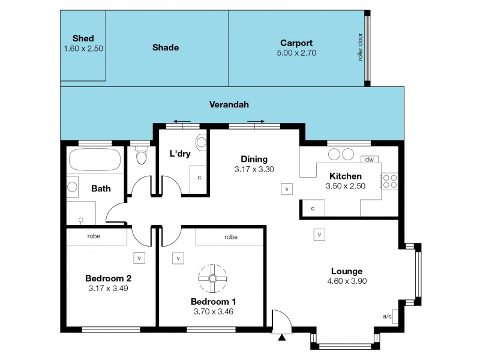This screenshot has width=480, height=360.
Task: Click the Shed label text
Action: pyautogui.click(x=83, y=38)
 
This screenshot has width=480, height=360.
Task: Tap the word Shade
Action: pyautogui.click(x=166, y=47)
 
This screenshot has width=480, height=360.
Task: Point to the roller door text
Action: pyautogui.click(x=360, y=47)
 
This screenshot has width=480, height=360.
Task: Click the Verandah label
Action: pyautogui.click(x=229, y=104)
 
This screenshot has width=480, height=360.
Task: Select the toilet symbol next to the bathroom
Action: pyautogui.click(x=142, y=156)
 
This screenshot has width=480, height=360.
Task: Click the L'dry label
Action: pyautogui.click(x=180, y=154)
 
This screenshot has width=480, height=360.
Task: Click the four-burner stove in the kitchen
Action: pyautogui.click(x=389, y=181)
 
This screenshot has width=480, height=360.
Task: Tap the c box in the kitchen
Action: pyautogui.click(x=313, y=208)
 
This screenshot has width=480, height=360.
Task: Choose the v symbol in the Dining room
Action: pyautogui.click(x=287, y=189)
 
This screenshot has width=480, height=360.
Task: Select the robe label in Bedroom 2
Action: pyautogui.click(x=93, y=236)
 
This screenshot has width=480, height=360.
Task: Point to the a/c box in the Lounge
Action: pyautogui.click(x=387, y=316)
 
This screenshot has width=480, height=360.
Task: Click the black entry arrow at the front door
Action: pyautogui.click(x=281, y=338)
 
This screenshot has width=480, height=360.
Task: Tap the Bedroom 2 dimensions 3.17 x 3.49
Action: pyautogui.click(x=108, y=288)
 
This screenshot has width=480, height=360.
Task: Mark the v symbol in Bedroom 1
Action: pyautogui.click(x=178, y=258)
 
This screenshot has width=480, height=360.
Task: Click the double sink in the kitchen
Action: pyautogui.click(x=340, y=154)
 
